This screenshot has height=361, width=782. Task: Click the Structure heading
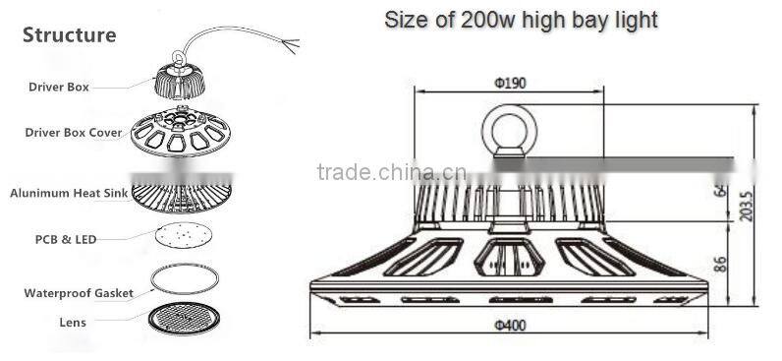click(x=69, y=36)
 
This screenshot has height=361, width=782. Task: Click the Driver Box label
click(x=57, y=88)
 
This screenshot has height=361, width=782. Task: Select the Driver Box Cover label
click(x=74, y=132)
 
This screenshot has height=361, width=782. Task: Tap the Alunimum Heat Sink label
click(x=68, y=194)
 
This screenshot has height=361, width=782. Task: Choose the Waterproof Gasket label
click(x=79, y=293)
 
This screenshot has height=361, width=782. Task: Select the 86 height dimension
click(x=720, y=263)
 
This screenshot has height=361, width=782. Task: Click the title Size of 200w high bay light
click(x=520, y=20)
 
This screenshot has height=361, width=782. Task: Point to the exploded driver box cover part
click(x=181, y=133)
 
